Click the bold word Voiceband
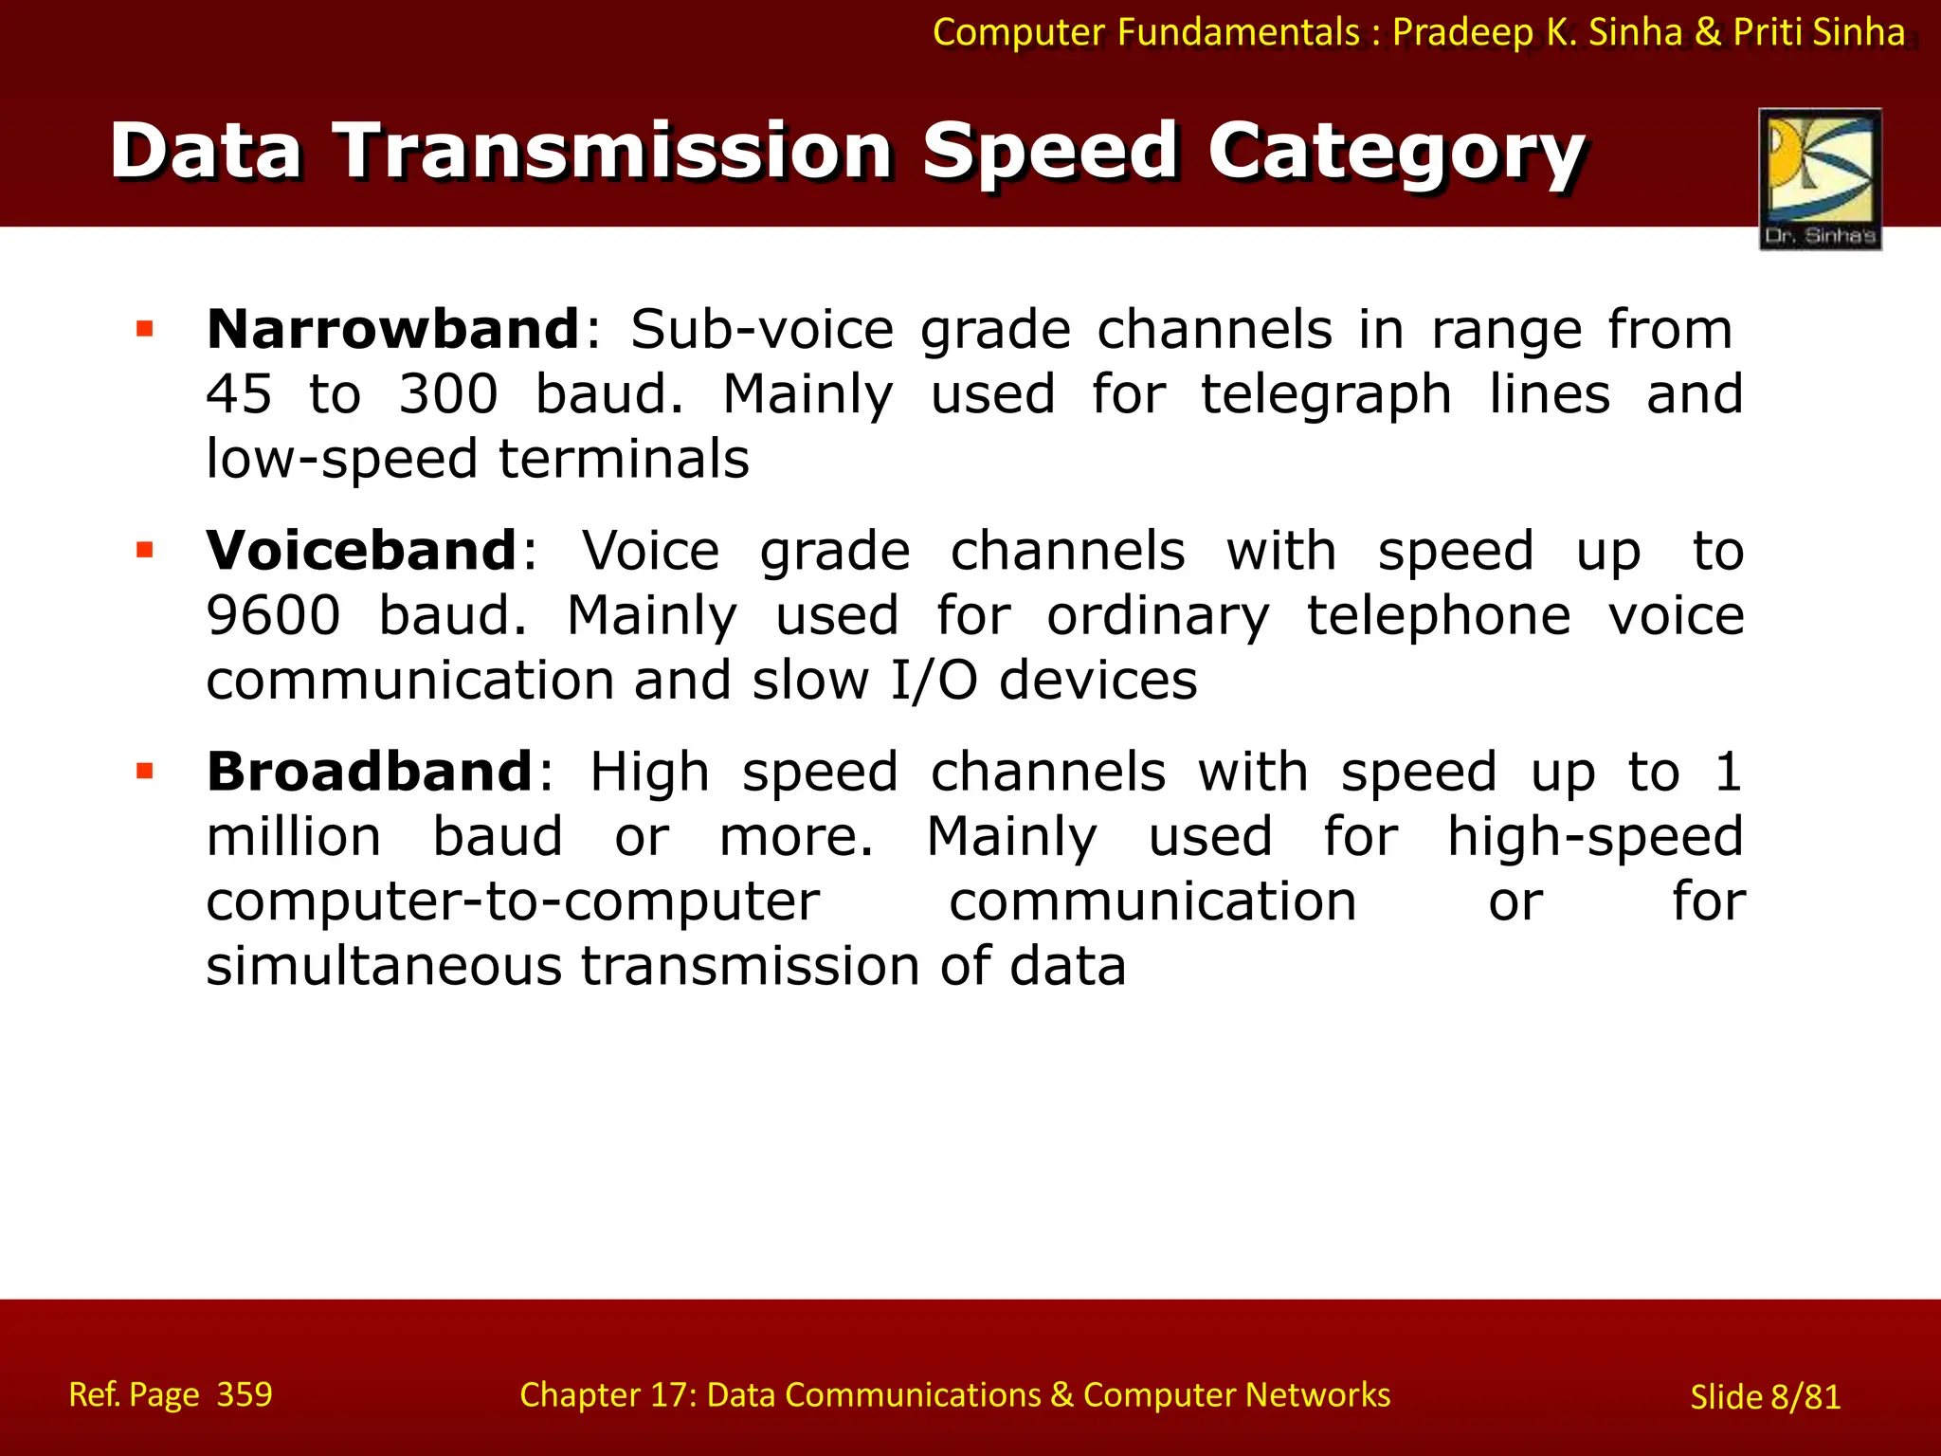pyautogui.click(x=361, y=551)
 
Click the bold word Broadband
pyautogui.click(x=370, y=772)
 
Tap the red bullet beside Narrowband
pyautogui.click(x=145, y=330)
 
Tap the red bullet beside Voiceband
pyautogui.click(x=145, y=551)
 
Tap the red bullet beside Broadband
pyautogui.click(x=145, y=772)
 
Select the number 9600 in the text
pyautogui.click(x=273, y=616)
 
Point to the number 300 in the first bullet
pyautogui.click(x=447, y=394)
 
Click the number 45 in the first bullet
pyautogui.click(x=239, y=394)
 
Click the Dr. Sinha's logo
pyautogui.click(x=1820, y=178)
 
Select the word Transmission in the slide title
pyautogui.click(x=615, y=152)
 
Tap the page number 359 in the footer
pyautogui.click(x=245, y=1394)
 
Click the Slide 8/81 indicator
pyautogui.click(x=1765, y=1397)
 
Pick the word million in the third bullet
pyautogui.click(x=294, y=837)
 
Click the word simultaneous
pyautogui.click(x=384, y=967)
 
